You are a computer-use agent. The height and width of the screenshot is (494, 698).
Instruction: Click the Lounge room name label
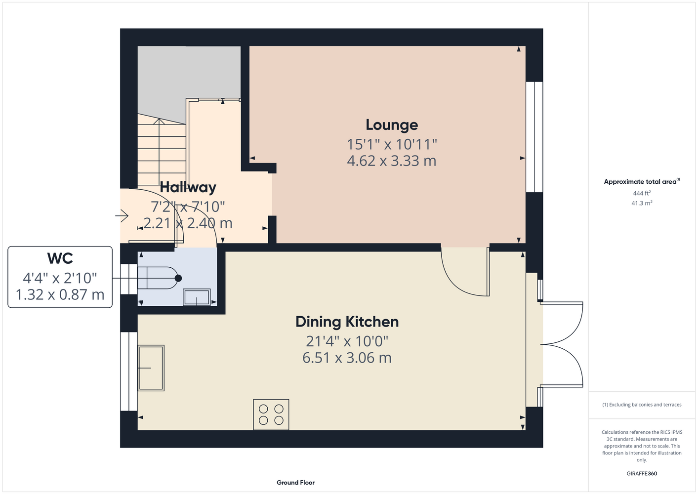pos(392,125)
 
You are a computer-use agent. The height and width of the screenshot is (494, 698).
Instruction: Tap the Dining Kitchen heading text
pos(347,322)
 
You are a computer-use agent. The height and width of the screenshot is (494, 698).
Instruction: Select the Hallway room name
pos(188,187)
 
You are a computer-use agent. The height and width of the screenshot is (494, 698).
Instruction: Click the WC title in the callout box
pos(60,258)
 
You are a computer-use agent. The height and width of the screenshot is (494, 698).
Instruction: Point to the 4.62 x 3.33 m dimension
pos(392,161)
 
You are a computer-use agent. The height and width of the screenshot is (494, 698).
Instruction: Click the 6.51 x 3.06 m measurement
pos(347,358)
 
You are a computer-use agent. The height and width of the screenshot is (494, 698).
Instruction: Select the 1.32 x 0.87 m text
pos(60,295)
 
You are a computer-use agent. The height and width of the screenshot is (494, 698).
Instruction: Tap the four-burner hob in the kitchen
pos(271,414)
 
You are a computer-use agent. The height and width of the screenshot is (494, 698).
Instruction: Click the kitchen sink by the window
pos(151,368)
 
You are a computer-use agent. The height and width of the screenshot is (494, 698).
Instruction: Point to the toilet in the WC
pos(160,278)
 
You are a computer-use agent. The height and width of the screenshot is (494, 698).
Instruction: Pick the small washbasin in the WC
pos(197,297)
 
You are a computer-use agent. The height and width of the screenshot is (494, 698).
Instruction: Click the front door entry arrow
pos(122,216)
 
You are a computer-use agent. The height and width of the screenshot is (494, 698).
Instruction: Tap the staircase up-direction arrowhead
pos(159,121)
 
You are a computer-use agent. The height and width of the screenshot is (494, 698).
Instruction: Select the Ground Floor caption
pos(296,483)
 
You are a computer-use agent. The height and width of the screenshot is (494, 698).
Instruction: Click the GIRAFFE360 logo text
pos(642,473)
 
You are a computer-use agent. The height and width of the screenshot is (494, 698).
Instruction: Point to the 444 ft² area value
pos(642,193)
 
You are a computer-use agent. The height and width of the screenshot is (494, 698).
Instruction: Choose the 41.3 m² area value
pos(642,203)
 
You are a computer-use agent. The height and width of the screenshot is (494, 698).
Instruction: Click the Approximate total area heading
pos(642,181)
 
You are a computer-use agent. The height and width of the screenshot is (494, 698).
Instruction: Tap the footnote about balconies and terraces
pos(642,405)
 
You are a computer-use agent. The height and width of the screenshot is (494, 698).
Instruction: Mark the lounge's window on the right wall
pos(534,137)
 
